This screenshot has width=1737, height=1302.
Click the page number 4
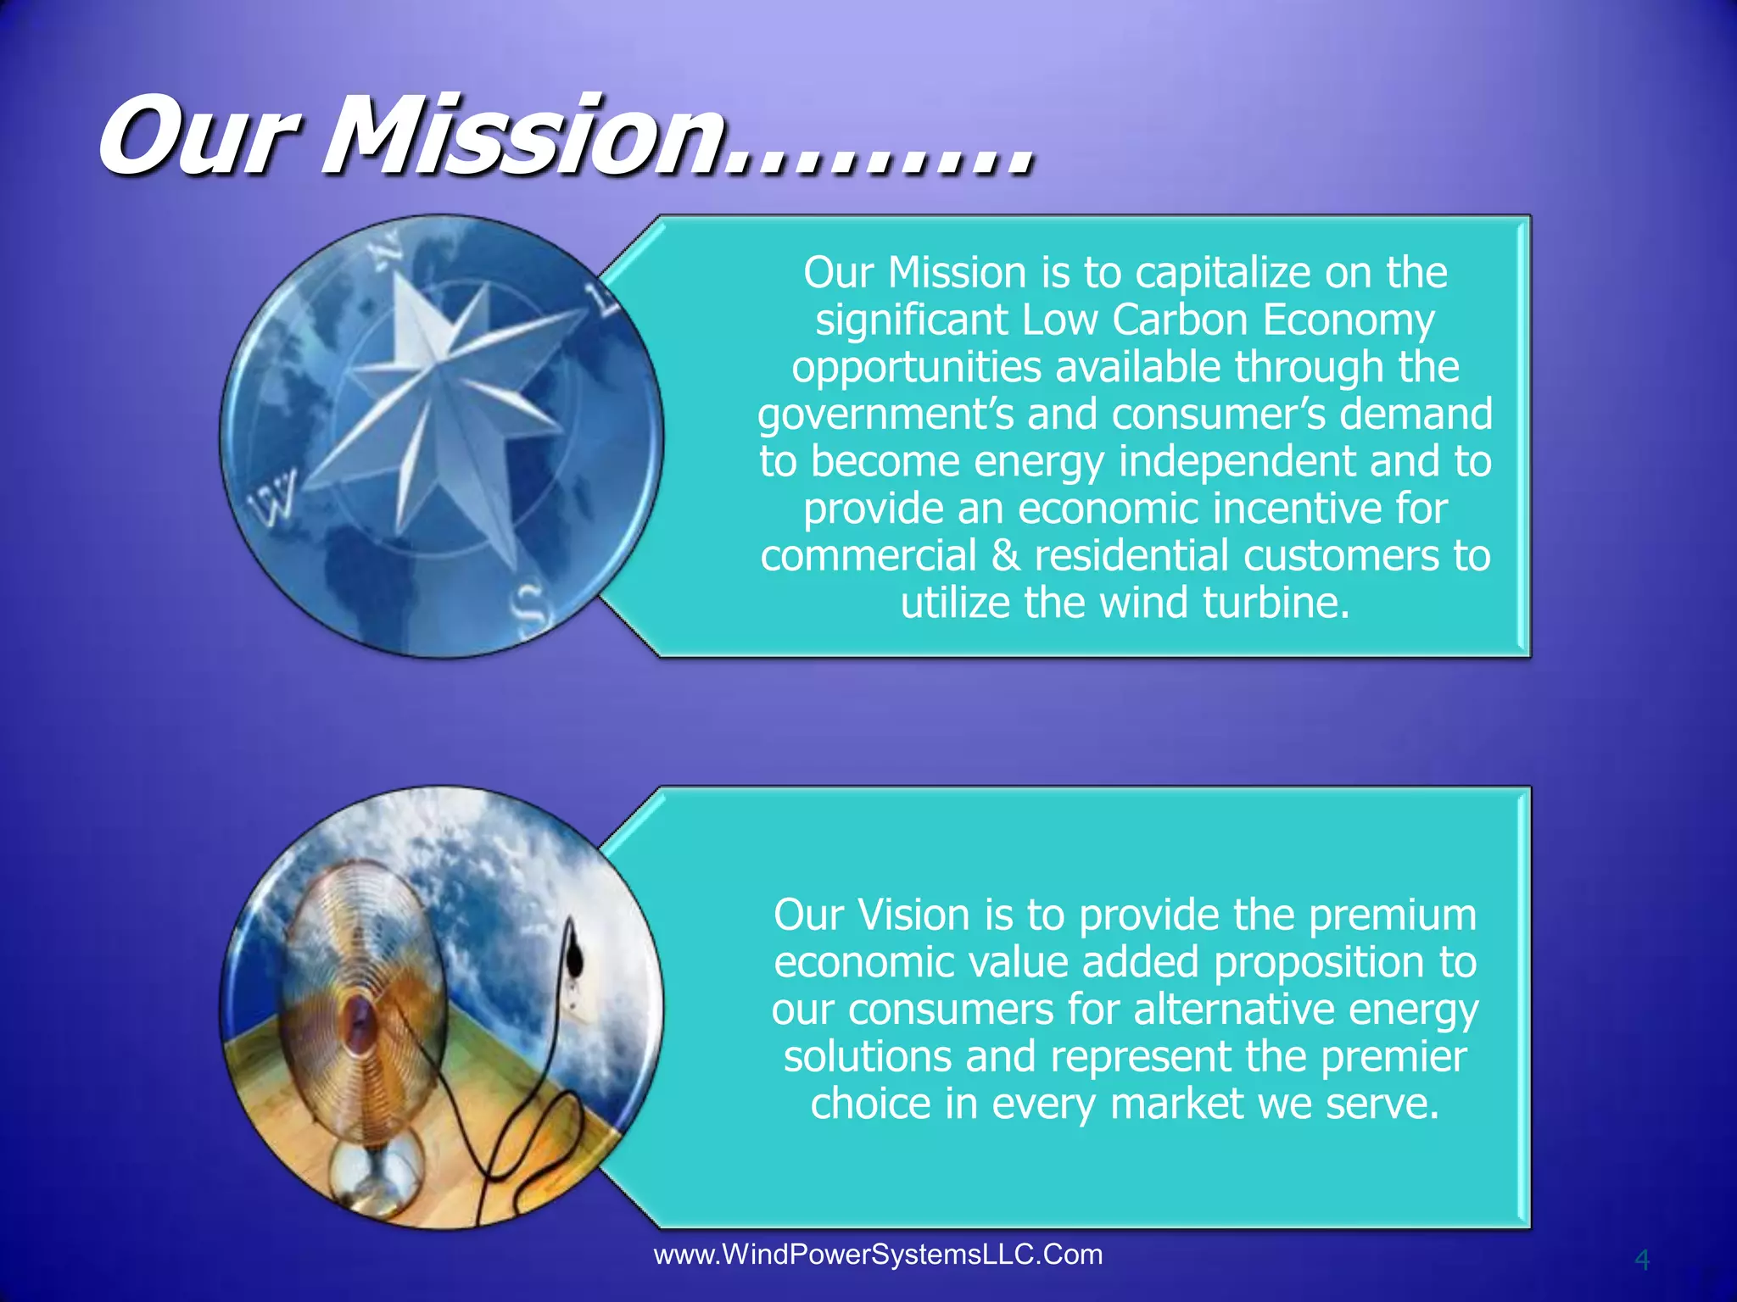(1642, 1260)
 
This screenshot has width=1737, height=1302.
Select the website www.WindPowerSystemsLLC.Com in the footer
(878, 1255)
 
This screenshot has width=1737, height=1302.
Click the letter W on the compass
(273, 498)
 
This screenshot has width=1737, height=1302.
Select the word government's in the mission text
(885, 415)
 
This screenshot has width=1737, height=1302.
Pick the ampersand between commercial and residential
(1005, 556)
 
